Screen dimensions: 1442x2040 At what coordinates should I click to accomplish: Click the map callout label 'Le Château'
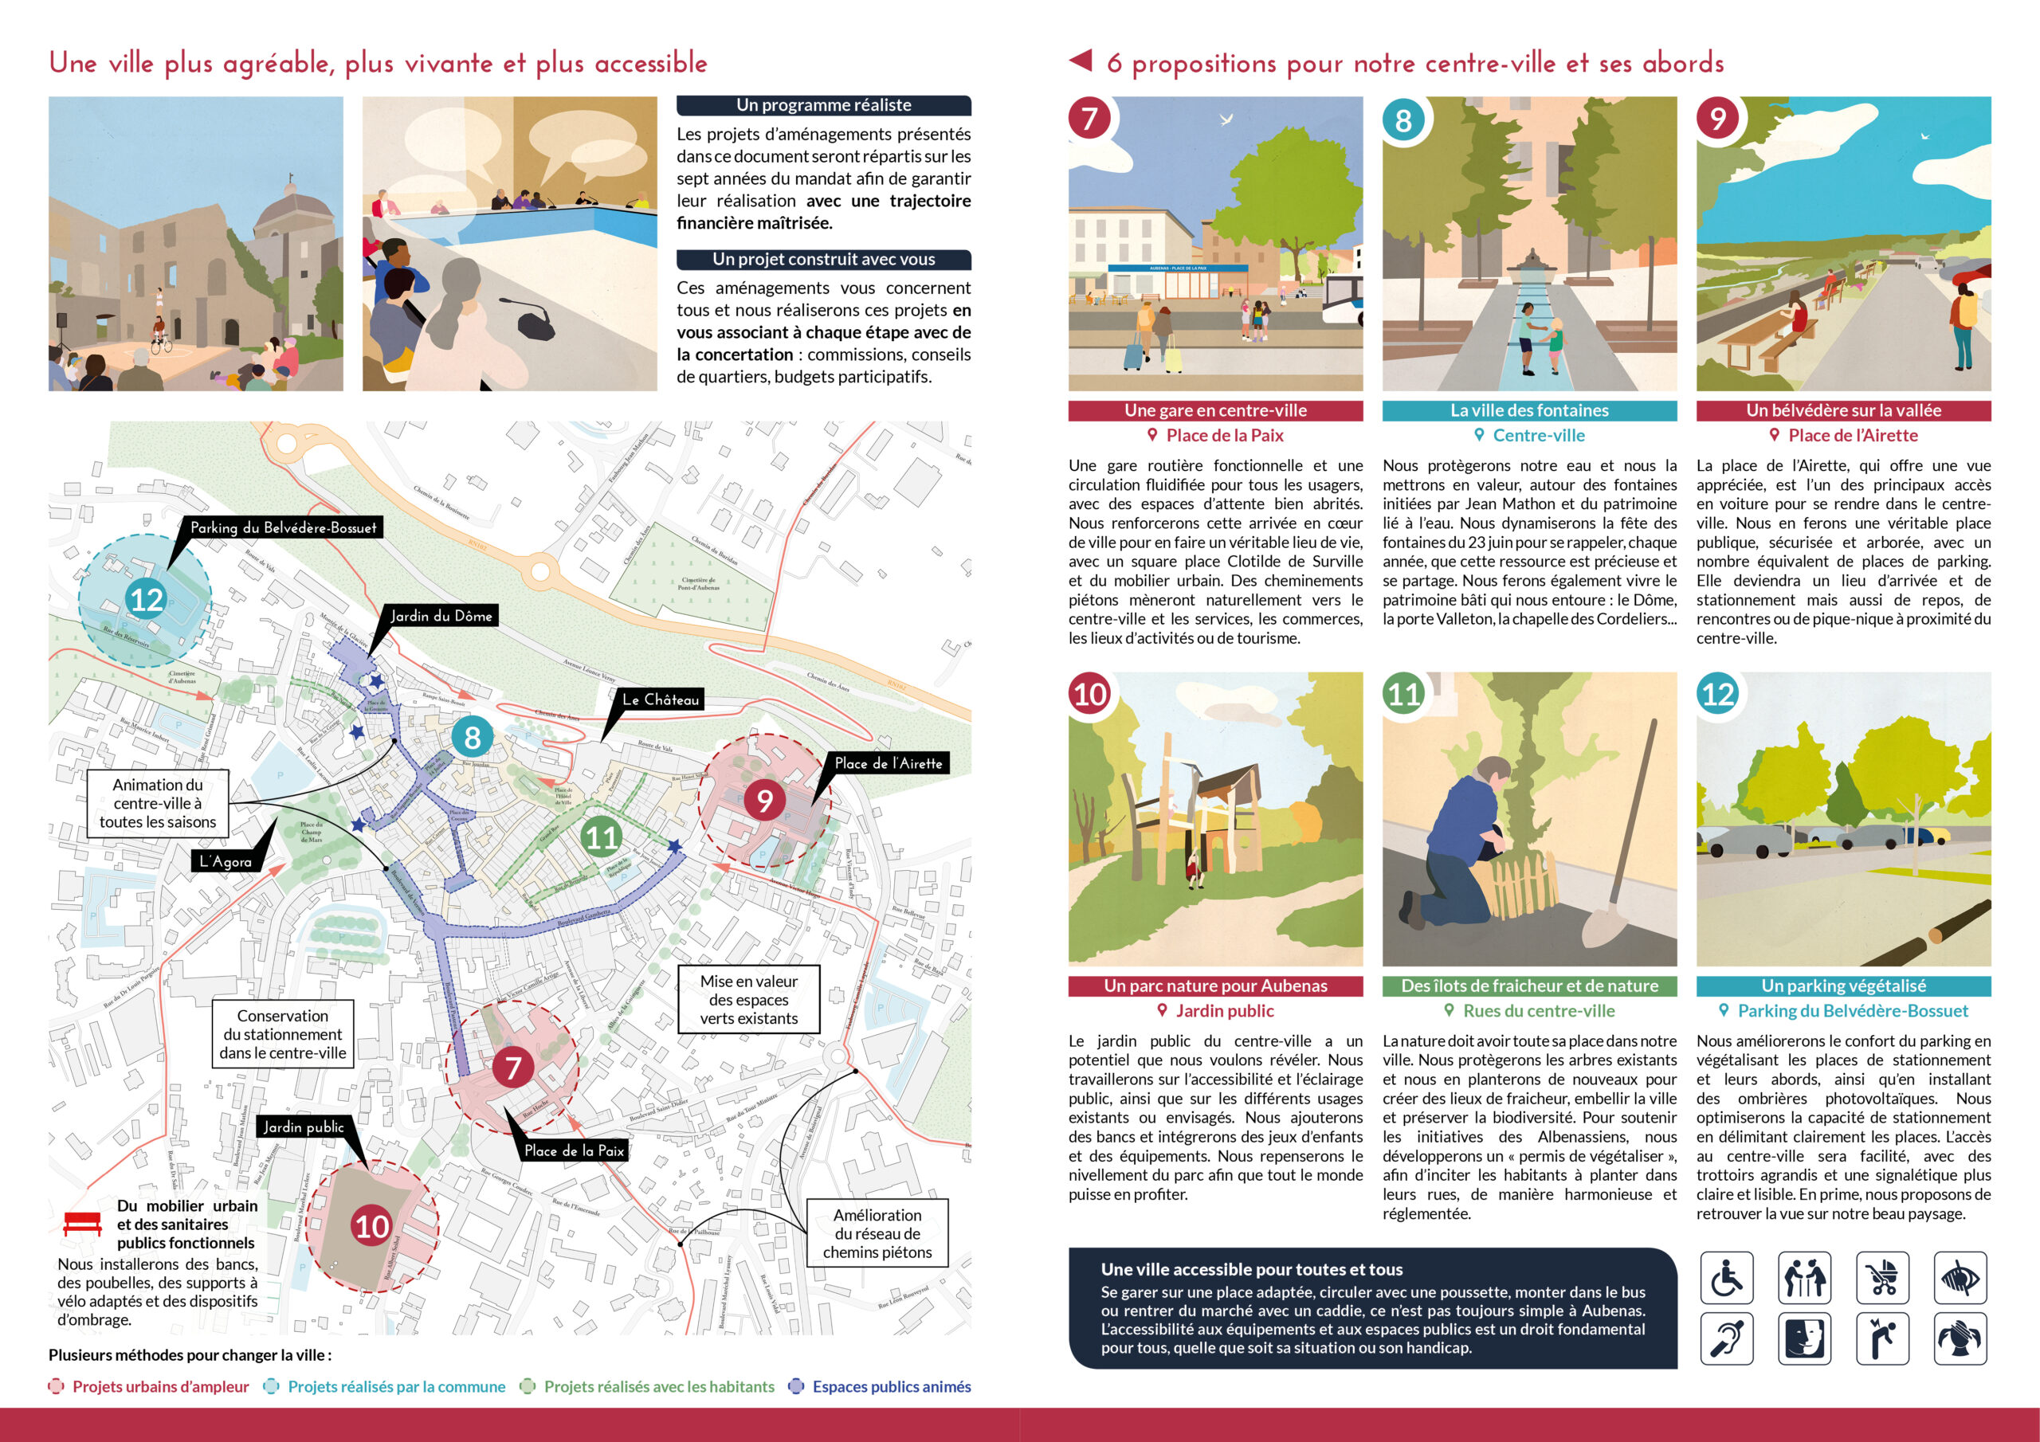tap(660, 699)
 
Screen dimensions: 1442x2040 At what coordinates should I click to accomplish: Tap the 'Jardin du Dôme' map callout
tap(441, 616)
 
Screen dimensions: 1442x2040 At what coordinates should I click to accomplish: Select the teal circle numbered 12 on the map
tap(146, 600)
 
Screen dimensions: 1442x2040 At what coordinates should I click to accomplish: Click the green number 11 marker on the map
tap(602, 837)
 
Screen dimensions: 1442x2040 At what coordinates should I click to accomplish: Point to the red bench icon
tap(83, 1223)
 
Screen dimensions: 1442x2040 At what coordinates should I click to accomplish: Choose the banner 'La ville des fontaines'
tap(1529, 410)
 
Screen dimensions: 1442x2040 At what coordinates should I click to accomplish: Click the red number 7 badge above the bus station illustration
tap(1090, 119)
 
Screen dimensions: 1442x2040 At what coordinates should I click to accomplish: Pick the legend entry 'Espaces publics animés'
tap(890, 1386)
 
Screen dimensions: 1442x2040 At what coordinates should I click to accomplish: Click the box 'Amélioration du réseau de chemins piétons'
tap(877, 1233)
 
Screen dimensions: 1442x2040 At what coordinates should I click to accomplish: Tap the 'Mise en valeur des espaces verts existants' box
tap(748, 1000)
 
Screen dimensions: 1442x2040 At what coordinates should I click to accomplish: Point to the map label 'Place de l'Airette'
tap(888, 763)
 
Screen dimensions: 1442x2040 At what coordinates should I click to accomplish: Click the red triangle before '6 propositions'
tap(1081, 61)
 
